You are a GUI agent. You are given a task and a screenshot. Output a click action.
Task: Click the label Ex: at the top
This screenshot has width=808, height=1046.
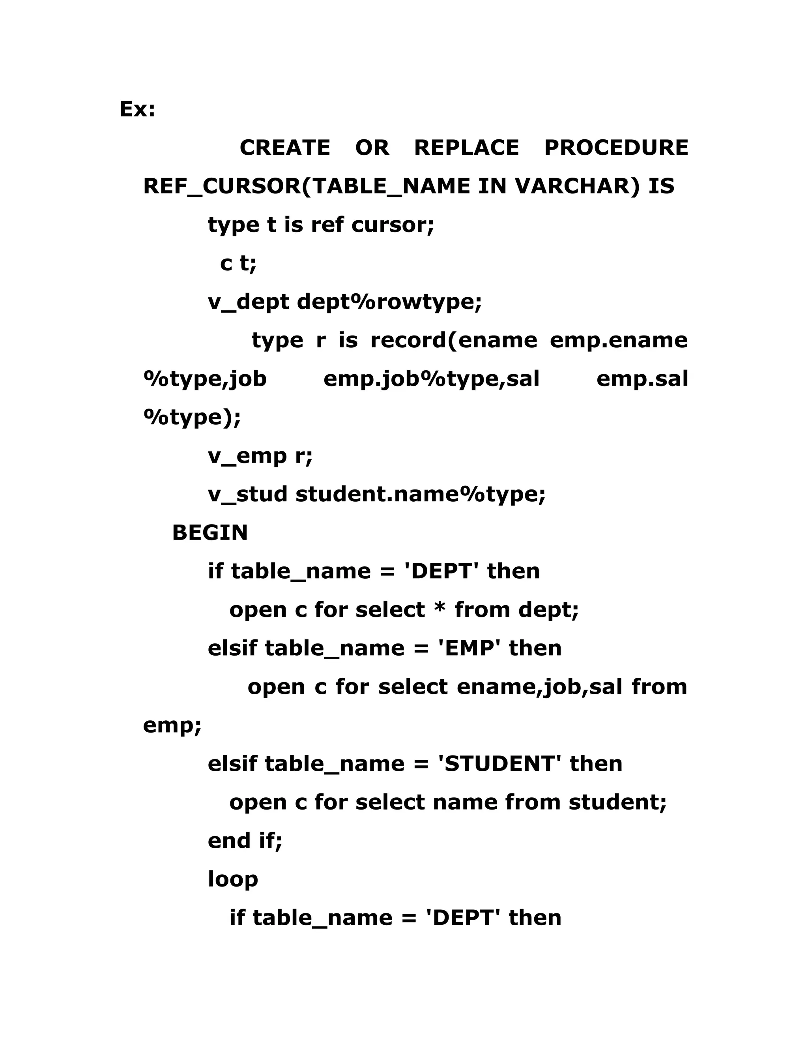point(137,109)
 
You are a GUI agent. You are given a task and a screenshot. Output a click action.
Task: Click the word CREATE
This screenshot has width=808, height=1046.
point(284,148)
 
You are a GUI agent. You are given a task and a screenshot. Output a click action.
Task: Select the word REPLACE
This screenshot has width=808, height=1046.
point(466,148)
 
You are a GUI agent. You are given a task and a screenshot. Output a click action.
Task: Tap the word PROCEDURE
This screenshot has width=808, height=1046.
point(616,148)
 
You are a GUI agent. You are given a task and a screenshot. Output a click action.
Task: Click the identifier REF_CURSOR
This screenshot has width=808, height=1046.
point(223,186)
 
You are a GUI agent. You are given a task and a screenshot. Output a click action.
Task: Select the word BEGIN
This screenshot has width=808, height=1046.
point(209,532)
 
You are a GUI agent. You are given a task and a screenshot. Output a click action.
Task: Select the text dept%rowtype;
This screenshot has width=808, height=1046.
point(389,302)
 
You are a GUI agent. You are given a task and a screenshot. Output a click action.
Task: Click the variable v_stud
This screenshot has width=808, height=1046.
point(247,494)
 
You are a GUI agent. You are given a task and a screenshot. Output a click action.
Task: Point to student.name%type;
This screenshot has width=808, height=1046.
point(420,494)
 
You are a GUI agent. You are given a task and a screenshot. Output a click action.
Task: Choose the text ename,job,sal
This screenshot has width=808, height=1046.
point(539,687)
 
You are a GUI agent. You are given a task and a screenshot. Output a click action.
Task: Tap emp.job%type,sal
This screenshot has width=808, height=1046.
point(431,379)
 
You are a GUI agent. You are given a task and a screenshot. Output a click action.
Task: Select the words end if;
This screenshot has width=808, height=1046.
point(245,840)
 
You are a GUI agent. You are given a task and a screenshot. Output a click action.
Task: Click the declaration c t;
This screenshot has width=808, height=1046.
point(238,263)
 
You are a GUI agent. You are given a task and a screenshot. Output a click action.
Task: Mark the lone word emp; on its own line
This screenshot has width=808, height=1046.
point(172,725)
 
